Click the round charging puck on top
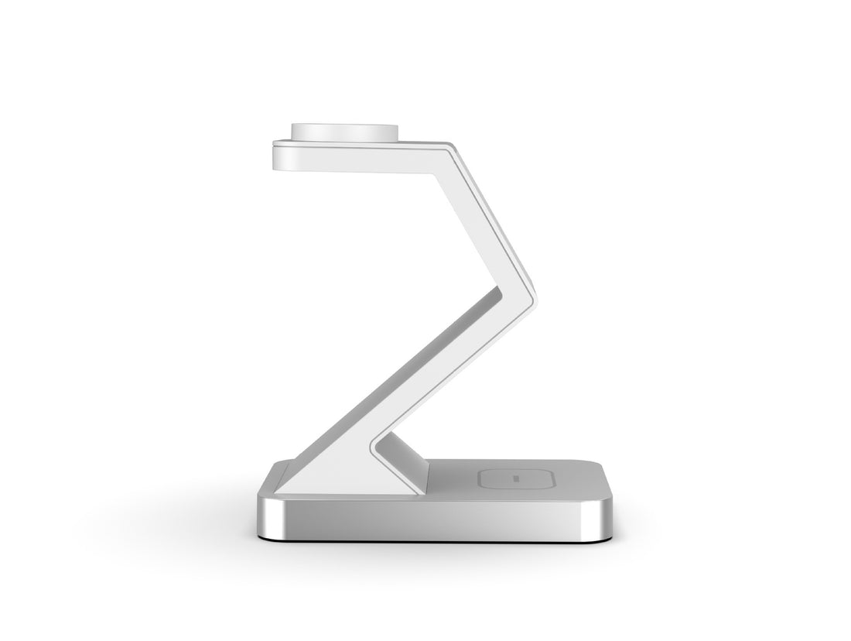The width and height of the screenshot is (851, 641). (345, 132)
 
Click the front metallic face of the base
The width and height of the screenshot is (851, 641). (433, 514)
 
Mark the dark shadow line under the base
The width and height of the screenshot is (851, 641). (433, 539)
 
